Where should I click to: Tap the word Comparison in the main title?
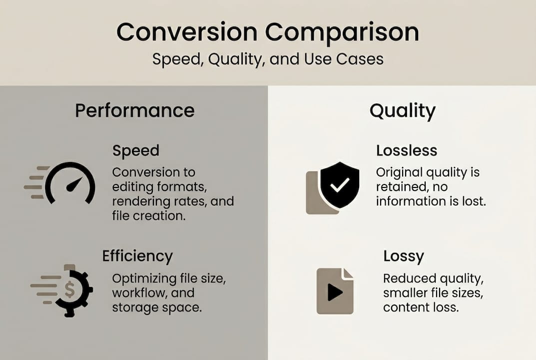(342, 32)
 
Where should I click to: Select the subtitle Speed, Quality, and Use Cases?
(268, 59)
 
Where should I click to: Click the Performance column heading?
(134, 110)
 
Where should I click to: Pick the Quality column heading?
(402, 110)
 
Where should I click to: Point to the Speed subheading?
(135, 150)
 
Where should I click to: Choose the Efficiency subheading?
(137, 256)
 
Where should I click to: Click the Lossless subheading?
(406, 150)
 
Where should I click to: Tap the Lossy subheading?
(403, 256)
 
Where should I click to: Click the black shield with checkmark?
(339, 184)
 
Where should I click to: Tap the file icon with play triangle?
(335, 291)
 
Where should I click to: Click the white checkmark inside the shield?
(339, 185)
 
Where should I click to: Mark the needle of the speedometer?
(74, 184)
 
